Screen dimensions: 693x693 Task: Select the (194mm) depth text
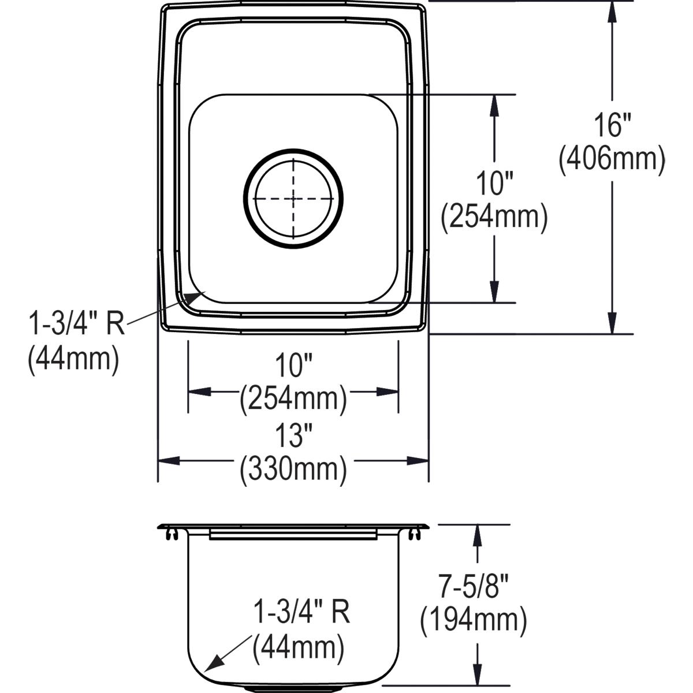[474, 621]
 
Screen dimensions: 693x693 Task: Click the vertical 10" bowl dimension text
[494, 185]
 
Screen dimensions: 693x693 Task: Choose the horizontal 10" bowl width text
[293, 366]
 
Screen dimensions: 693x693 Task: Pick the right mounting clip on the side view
[415, 534]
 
